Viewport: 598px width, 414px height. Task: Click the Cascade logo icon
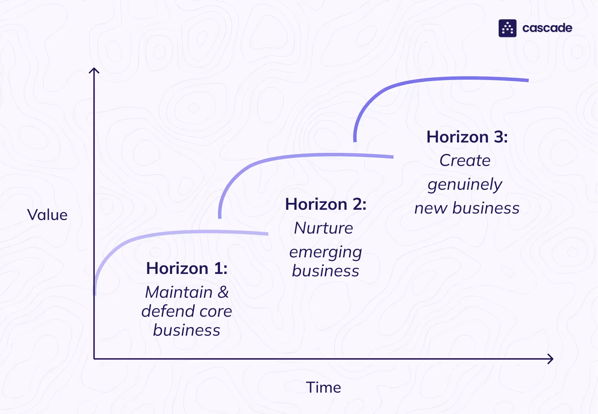click(x=507, y=28)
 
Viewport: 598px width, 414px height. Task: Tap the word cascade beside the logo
click(x=547, y=28)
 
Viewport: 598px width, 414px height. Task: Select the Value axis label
click(x=47, y=215)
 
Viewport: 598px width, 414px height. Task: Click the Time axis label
click(x=323, y=387)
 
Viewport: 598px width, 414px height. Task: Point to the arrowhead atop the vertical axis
click(x=94, y=70)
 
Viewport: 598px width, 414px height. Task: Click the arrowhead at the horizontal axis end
click(x=551, y=359)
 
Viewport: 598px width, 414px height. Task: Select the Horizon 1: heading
click(x=187, y=268)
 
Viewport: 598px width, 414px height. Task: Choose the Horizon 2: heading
click(x=326, y=204)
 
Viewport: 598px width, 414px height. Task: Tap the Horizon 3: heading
click(x=467, y=137)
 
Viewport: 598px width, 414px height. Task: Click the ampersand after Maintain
click(x=223, y=292)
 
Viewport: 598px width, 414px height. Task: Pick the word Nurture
click(x=323, y=228)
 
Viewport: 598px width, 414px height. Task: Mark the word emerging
click(x=326, y=252)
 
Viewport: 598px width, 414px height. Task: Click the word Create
click(x=465, y=160)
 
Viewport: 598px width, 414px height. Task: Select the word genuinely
click(x=465, y=185)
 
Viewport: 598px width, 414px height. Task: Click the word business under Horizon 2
click(x=326, y=271)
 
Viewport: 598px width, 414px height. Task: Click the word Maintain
click(x=179, y=292)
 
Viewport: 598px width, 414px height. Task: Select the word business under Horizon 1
click(x=187, y=330)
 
